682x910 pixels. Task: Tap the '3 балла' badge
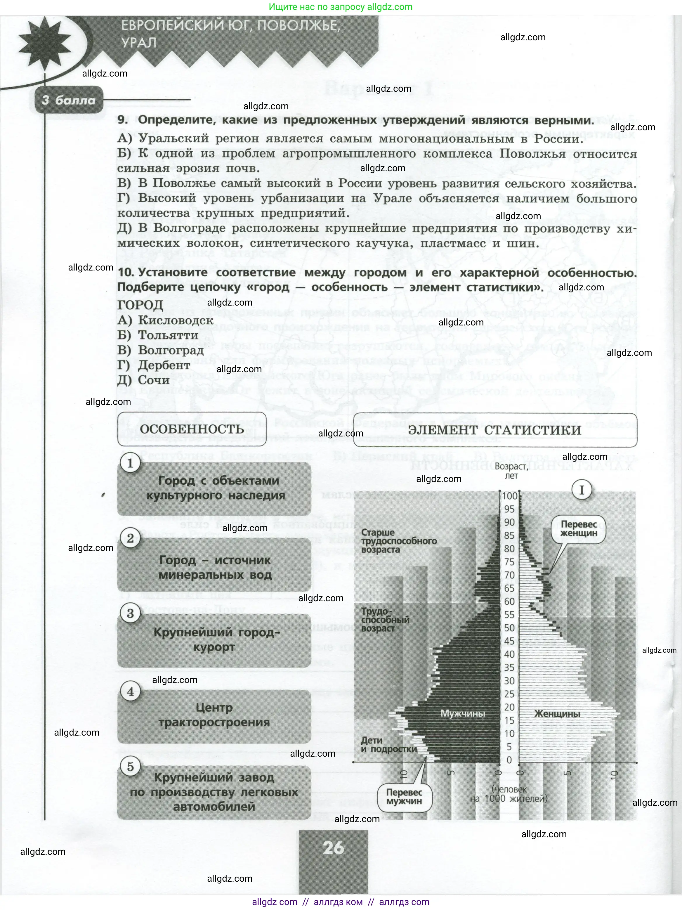tap(68, 100)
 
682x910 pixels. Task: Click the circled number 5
tap(130, 767)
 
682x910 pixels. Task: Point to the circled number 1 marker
tap(130, 464)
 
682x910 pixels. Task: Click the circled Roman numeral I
tap(582, 490)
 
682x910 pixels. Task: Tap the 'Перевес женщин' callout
tap(579, 529)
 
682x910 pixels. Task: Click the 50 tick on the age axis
tap(510, 628)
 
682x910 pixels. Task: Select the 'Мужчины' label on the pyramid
tap(462, 713)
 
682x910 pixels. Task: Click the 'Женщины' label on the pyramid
tap(557, 714)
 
